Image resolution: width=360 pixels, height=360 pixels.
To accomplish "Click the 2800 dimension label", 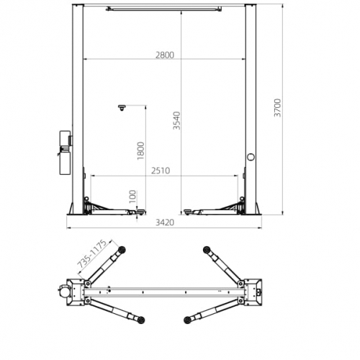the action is [165, 55].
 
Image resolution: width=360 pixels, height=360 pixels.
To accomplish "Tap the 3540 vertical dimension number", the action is [176, 120].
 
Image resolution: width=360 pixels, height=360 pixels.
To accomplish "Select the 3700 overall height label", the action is [277, 108].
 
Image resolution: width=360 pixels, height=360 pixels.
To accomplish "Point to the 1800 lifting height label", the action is [140, 151].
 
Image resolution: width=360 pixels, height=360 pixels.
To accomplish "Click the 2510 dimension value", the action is [161, 171].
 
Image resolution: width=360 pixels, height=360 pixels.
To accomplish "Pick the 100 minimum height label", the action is [132, 197].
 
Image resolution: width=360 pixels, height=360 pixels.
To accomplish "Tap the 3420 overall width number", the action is [165, 222].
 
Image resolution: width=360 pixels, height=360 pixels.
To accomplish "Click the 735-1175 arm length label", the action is [92, 253].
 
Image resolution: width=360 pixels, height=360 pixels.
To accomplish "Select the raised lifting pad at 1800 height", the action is [122, 107].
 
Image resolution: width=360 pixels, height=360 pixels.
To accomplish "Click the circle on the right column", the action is [251, 157].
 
